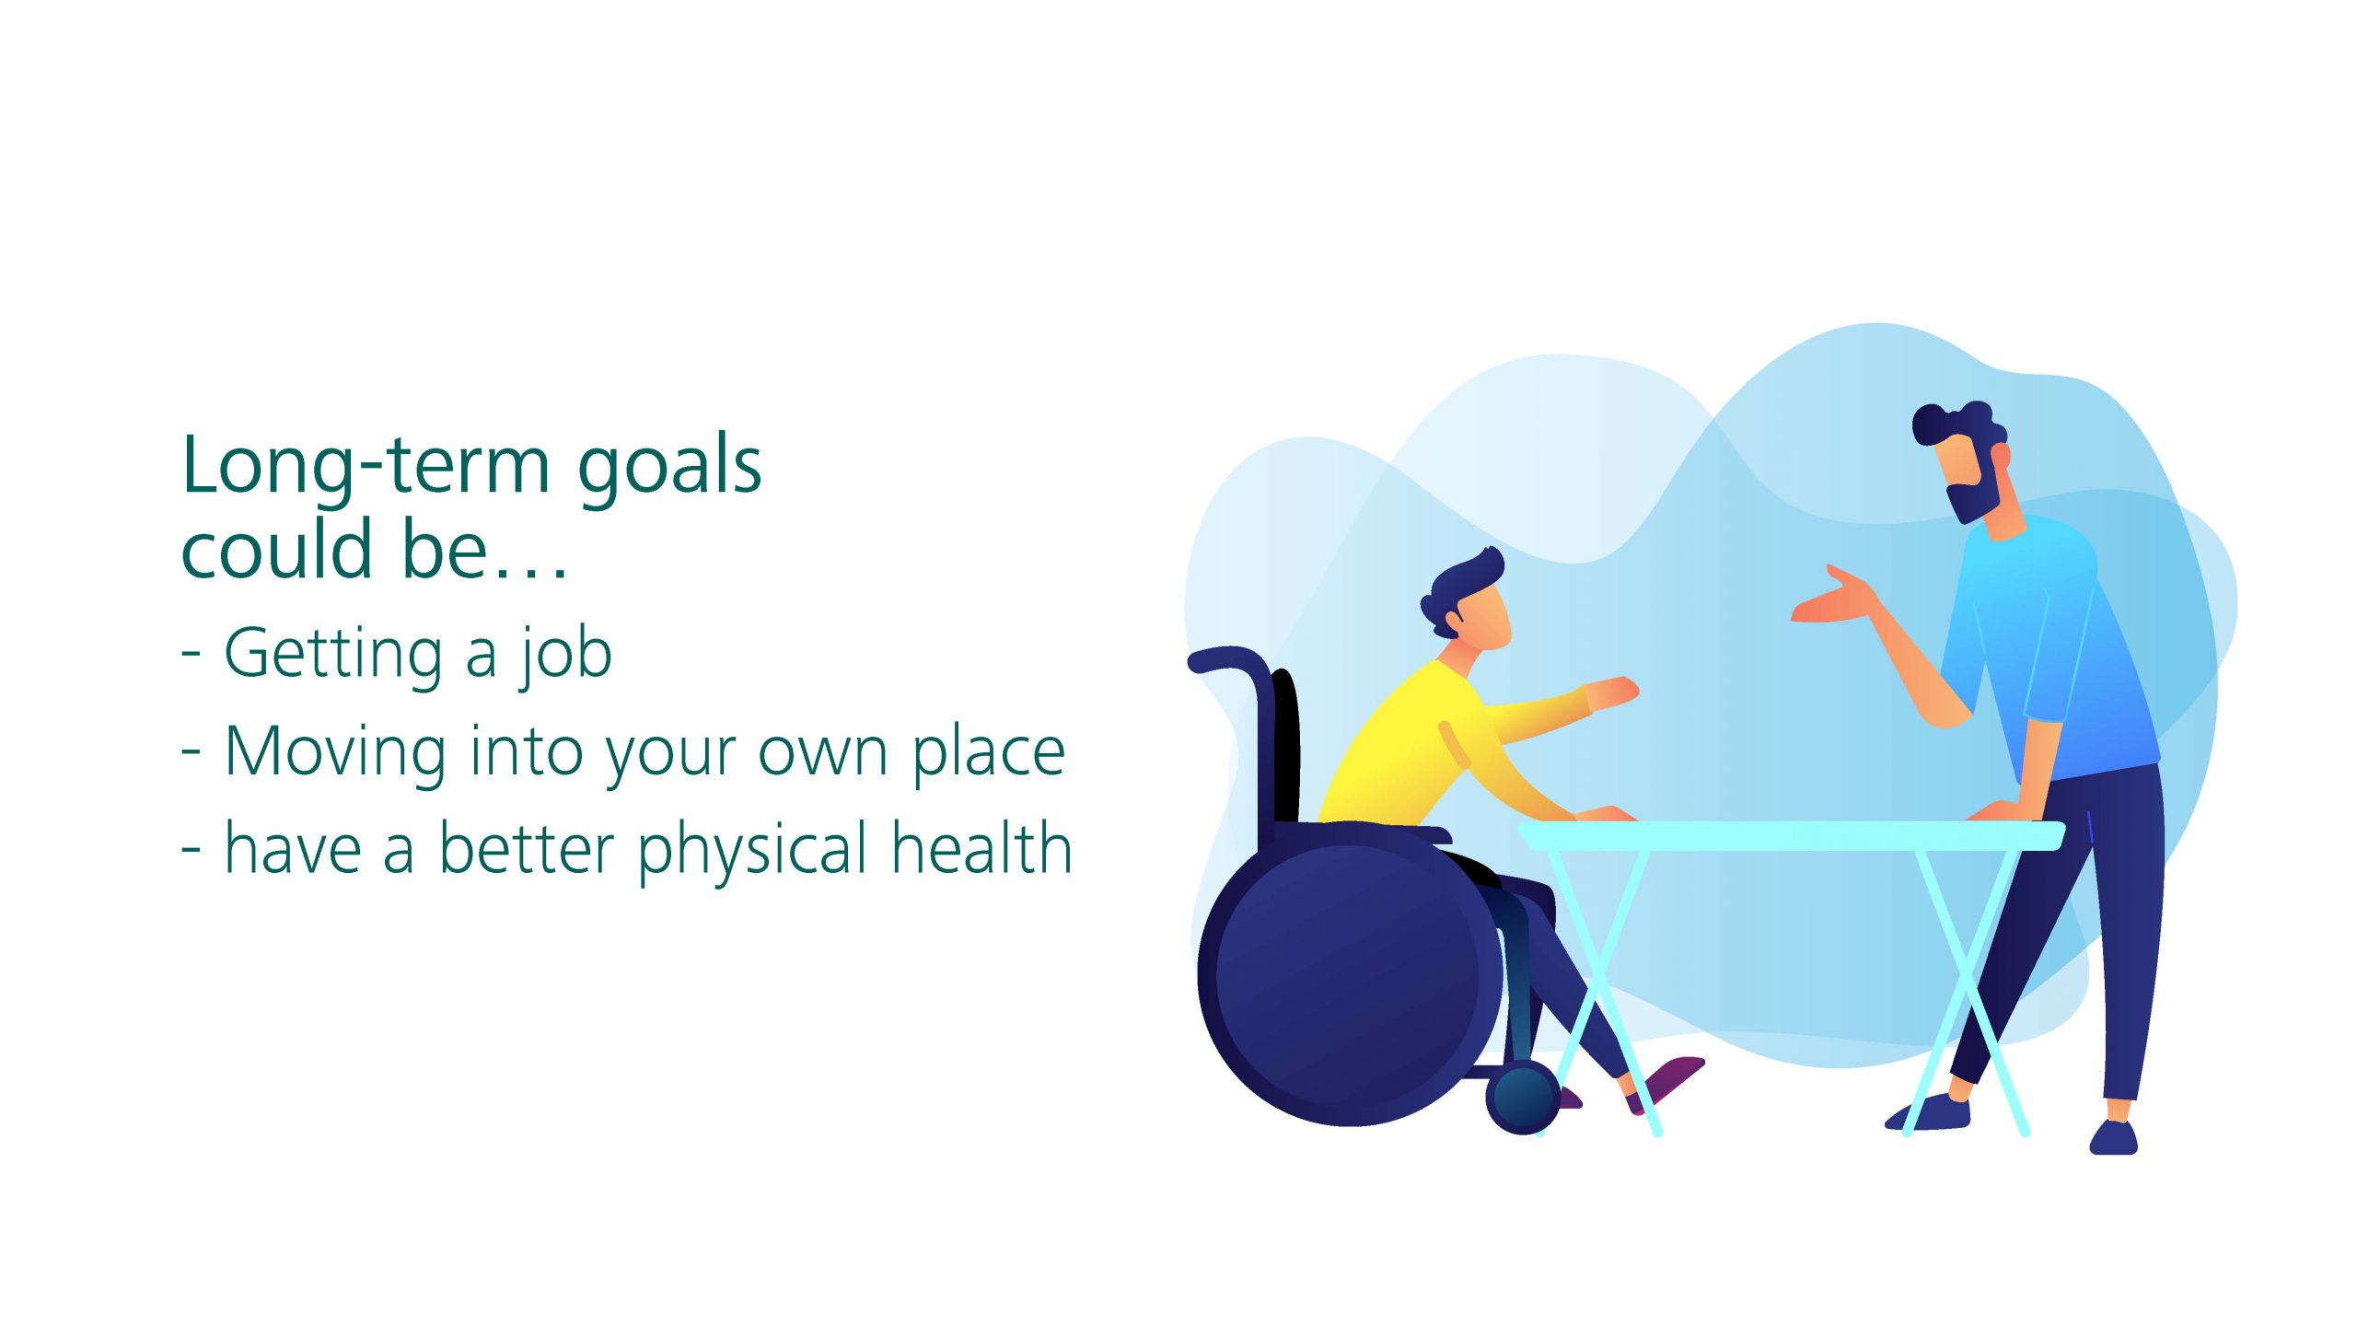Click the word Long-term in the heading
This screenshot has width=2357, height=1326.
pyautogui.click(x=366, y=467)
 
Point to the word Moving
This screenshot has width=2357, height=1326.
pyautogui.click(x=336, y=753)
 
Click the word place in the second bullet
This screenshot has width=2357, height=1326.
pyautogui.click(x=989, y=753)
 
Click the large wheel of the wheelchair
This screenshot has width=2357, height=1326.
pyautogui.click(x=1349, y=973)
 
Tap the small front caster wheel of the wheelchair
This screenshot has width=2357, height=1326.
pyautogui.click(x=1523, y=1097)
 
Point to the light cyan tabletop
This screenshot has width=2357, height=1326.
pyautogui.click(x=1792, y=836)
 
